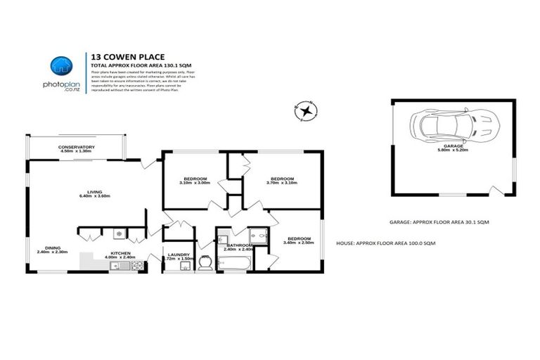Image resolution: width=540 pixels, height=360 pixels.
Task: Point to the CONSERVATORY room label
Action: pyautogui.click(x=77, y=146)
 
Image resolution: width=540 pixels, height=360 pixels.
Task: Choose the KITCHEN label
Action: pyautogui.click(x=120, y=253)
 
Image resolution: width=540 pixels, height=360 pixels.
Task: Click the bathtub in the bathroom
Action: pyautogui.click(x=233, y=264)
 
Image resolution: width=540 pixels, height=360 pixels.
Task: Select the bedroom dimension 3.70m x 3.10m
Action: pyautogui.click(x=282, y=183)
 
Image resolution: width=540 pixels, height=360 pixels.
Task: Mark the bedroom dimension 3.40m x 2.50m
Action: pyautogui.click(x=297, y=243)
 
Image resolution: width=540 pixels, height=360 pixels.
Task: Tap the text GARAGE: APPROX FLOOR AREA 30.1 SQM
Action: pyautogui.click(x=439, y=221)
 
